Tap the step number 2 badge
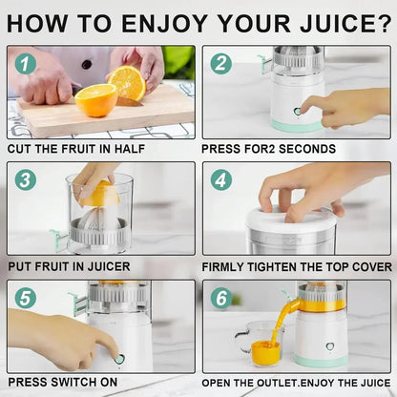click(221, 64)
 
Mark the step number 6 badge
click(221, 298)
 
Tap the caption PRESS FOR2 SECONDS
click(268, 149)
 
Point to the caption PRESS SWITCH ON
click(62, 382)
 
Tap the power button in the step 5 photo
click(120, 359)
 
